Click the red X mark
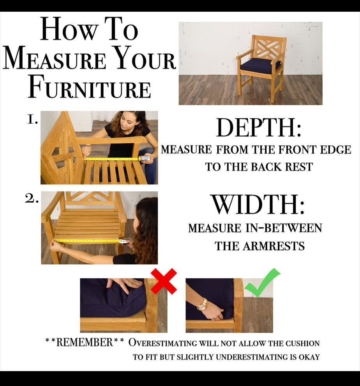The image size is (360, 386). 164,281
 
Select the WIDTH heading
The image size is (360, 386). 255,204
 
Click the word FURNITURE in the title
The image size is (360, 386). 89,87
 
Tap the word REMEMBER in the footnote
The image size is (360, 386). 85,342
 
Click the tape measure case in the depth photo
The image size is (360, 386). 145,158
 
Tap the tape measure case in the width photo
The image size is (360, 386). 125,241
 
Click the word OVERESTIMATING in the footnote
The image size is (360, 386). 162,343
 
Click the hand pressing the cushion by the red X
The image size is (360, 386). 124,285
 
